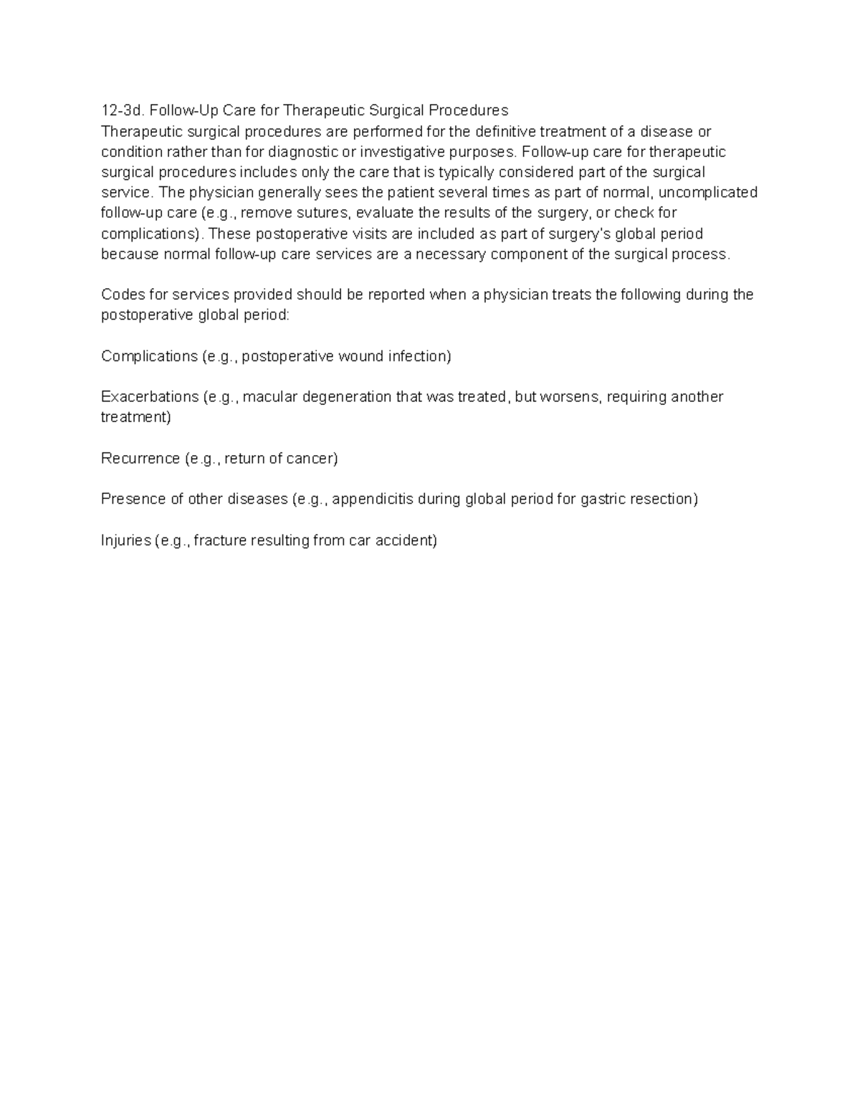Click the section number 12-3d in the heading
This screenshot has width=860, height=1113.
123,110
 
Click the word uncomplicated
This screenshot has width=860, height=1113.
707,193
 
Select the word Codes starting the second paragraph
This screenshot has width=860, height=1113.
123,295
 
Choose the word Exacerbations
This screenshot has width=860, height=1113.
150,397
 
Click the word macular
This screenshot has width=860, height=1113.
270,397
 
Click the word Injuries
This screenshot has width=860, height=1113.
126,540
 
